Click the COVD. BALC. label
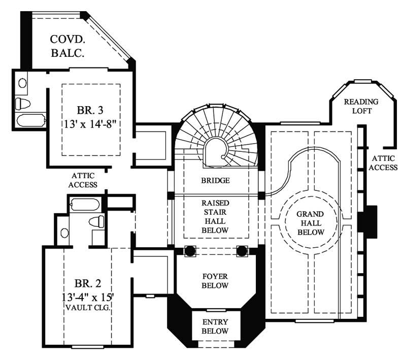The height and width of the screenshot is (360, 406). pos(67,45)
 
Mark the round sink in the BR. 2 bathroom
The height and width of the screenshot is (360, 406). pos(64,233)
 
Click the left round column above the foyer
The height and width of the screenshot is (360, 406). pos(189,250)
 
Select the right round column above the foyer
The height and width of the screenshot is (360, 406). pos(242,250)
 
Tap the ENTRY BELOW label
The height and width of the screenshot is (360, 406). pos(215,326)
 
